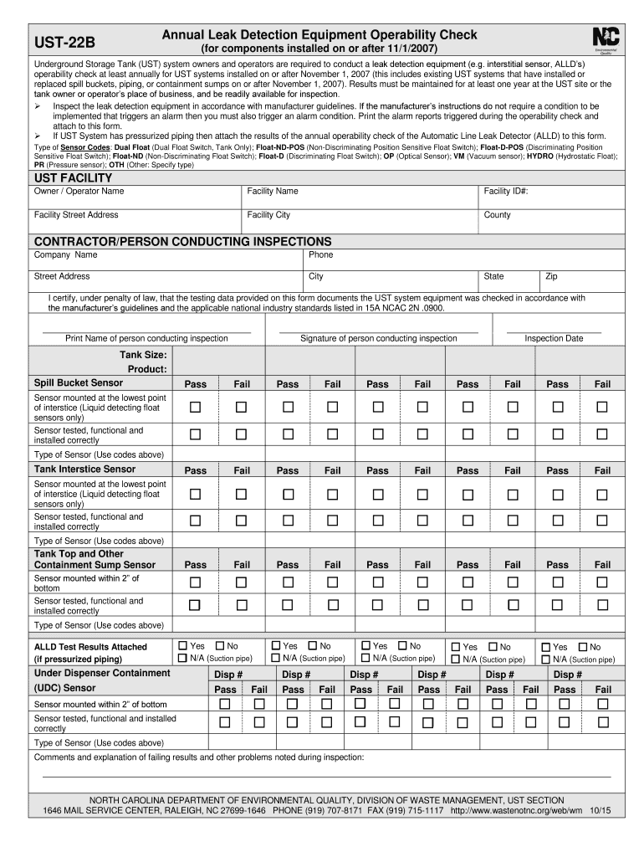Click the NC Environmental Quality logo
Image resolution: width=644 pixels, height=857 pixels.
click(x=605, y=40)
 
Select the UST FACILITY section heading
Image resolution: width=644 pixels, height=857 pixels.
click(x=73, y=178)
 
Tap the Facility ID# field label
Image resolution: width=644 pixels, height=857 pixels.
click(x=506, y=192)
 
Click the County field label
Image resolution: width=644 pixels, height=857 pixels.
click(x=497, y=215)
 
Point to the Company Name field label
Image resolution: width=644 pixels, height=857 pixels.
click(x=65, y=254)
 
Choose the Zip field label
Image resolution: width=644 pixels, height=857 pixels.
click(x=551, y=277)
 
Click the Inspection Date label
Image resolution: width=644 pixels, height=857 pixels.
click(x=554, y=338)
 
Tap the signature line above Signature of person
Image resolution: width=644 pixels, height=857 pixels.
click(x=378, y=331)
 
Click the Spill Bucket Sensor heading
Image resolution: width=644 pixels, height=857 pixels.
click(x=79, y=382)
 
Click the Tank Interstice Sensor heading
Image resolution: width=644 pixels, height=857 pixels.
click(x=84, y=470)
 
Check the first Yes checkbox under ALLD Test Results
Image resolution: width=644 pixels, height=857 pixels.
click(x=183, y=646)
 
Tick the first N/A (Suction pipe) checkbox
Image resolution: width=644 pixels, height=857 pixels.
click(x=183, y=658)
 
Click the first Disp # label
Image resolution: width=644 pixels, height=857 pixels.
click(x=228, y=675)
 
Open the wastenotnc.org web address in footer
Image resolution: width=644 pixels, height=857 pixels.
click(x=516, y=811)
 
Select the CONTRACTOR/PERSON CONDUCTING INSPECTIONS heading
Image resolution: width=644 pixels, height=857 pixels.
click(x=182, y=241)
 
